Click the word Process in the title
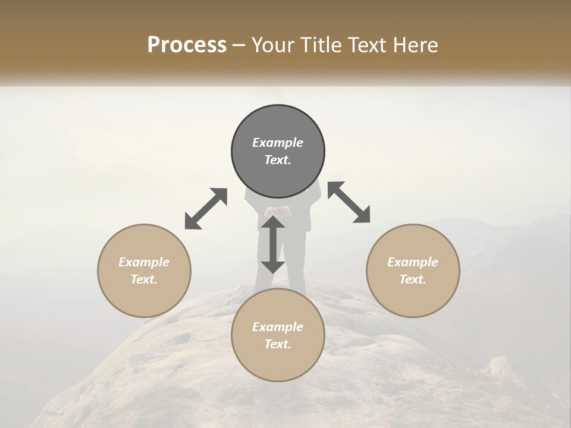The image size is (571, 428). click(x=187, y=45)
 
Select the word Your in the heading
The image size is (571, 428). click(x=271, y=45)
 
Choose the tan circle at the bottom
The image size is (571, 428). click(x=278, y=363)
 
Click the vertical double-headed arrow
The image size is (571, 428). click(x=273, y=244)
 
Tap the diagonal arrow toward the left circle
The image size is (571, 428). click(x=206, y=209)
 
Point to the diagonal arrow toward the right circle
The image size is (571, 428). click(x=349, y=202)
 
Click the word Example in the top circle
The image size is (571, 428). click(x=278, y=143)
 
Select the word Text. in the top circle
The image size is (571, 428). click(x=278, y=160)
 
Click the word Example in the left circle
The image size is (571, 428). click(x=144, y=262)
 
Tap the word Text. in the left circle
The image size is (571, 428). click(x=144, y=279)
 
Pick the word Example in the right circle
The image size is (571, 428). click(x=413, y=262)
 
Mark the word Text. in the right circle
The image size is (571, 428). click(x=413, y=279)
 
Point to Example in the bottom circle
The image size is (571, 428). click(x=278, y=327)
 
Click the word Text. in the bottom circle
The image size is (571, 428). click(x=278, y=344)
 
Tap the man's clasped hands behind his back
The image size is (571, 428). click(x=278, y=212)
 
